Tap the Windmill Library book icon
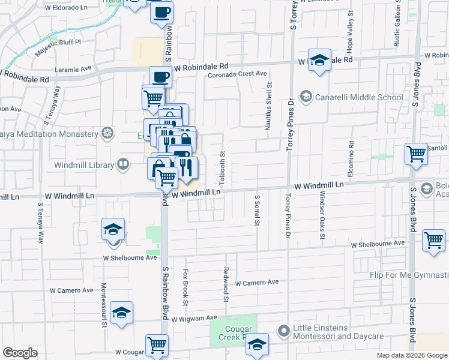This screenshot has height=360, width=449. [123, 164]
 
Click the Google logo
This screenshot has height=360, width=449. [20, 353]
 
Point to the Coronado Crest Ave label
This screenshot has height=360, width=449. [237, 74]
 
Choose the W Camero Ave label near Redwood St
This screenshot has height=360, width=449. [258, 282]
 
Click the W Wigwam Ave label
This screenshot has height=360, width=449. [193, 318]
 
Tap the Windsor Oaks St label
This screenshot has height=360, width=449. [322, 215]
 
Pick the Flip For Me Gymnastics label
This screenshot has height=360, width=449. [409, 275]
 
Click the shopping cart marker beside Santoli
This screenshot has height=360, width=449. [416, 154]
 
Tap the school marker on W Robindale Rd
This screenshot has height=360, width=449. [319, 60]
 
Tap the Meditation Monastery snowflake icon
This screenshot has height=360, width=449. [107, 133]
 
